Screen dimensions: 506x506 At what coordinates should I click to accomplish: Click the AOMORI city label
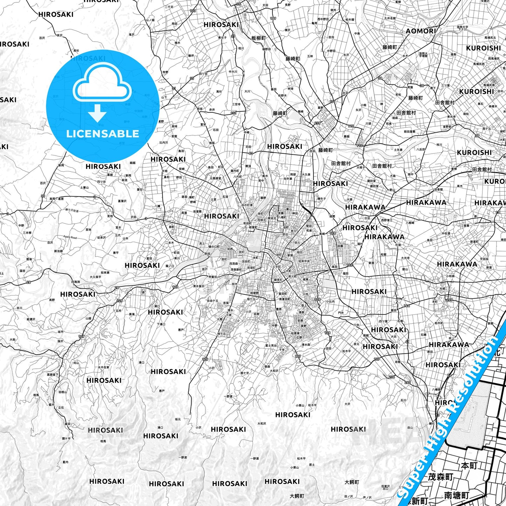421,31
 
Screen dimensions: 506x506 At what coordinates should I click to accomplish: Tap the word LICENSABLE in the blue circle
103,134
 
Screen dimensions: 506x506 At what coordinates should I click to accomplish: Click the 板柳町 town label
258,38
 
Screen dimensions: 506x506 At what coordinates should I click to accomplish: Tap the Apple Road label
70,237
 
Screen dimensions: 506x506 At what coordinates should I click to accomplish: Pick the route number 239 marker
317,123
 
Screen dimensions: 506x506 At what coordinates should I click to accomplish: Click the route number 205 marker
449,300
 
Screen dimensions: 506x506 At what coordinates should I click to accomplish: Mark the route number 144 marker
407,306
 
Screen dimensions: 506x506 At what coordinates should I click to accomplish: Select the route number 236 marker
391,377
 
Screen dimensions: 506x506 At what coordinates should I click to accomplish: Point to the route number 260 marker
408,382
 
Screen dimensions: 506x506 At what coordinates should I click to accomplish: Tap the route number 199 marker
273,19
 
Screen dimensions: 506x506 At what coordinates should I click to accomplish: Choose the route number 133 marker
193,11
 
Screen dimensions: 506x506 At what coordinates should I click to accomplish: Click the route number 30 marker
43,196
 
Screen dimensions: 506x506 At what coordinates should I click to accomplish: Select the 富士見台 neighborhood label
270,346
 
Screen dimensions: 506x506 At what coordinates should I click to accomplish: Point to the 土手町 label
276,267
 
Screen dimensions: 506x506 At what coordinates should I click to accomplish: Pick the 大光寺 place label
405,258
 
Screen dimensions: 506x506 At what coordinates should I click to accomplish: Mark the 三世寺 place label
236,104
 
